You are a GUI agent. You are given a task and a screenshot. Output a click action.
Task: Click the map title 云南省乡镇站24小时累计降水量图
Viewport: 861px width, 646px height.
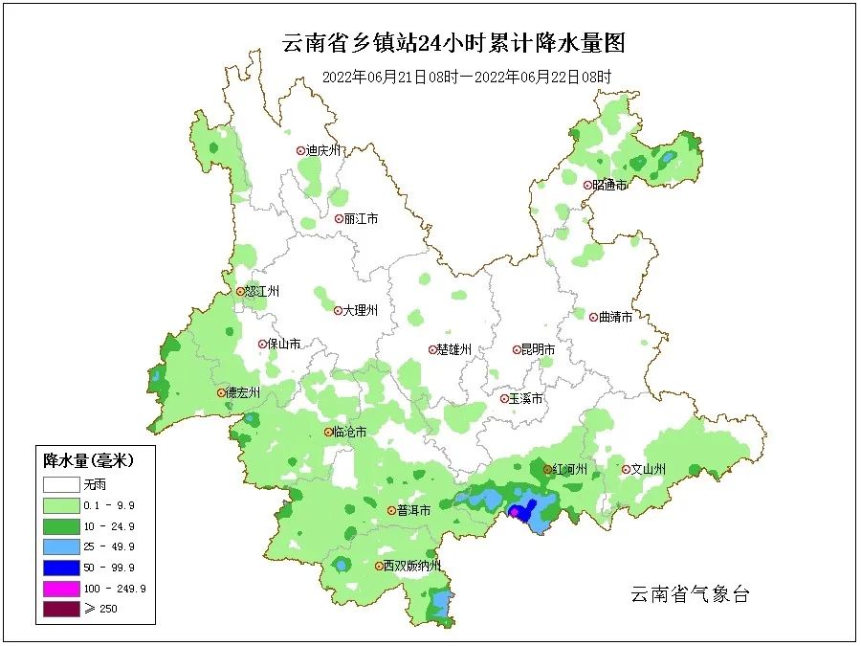[x=453, y=43]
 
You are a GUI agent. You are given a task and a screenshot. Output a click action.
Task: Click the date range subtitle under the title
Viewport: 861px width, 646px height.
[x=466, y=77]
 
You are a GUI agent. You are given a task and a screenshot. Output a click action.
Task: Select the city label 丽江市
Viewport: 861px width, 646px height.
[x=361, y=218]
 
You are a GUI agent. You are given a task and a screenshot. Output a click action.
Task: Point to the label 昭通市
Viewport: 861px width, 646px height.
[x=609, y=185]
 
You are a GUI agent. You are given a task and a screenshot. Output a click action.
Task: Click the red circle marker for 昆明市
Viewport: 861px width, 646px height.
[x=516, y=350]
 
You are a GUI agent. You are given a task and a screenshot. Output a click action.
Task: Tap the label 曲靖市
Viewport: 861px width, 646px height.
[x=614, y=317]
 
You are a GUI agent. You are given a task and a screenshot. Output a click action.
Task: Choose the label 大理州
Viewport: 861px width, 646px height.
[x=361, y=310]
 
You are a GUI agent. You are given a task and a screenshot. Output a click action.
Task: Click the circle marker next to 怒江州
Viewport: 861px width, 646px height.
[x=240, y=292]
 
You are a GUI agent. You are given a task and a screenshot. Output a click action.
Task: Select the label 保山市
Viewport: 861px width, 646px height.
[x=284, y=344]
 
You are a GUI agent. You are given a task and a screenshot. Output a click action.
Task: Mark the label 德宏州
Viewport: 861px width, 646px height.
[x=243, y=392]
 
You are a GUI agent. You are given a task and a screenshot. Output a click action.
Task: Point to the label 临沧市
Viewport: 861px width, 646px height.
[x=350, y=433]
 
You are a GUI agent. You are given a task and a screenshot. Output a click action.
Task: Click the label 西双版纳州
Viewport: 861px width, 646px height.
[x=411, y=566]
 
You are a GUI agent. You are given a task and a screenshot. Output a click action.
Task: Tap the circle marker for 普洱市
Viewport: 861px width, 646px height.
[x=391, y=511]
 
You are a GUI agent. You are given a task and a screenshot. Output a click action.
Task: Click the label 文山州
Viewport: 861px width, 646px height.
[x=648, y=469]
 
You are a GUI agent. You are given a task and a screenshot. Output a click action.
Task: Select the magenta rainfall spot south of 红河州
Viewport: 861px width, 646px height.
[x=515, y=513]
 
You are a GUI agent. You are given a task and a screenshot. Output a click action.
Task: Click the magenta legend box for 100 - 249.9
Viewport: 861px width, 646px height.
[x=60, y=588]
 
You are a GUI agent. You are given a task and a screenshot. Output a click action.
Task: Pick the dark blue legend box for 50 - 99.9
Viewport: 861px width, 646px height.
[x=60, y=568]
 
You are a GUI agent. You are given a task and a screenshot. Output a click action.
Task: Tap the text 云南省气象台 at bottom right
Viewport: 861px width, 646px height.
[x=689, y=594]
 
